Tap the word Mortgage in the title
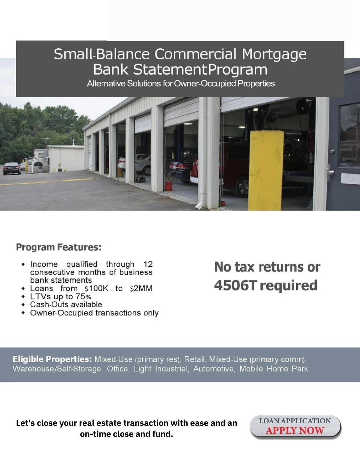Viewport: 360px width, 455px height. (274, 54)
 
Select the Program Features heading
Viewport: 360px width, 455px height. (59, 247)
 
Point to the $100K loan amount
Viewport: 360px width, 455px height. (97, 289)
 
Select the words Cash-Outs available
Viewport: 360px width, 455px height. (66, 305)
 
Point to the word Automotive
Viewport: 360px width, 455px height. (214, 369)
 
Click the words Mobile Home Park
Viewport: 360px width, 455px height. (274, 369)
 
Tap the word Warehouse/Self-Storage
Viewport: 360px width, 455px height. (57, 369)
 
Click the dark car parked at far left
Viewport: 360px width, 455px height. (12, 168)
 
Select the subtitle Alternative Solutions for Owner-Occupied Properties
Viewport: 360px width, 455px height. (181, 83)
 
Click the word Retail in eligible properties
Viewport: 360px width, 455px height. (195, 359)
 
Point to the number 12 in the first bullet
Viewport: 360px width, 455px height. (148, 264)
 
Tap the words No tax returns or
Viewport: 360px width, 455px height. (267, 267)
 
